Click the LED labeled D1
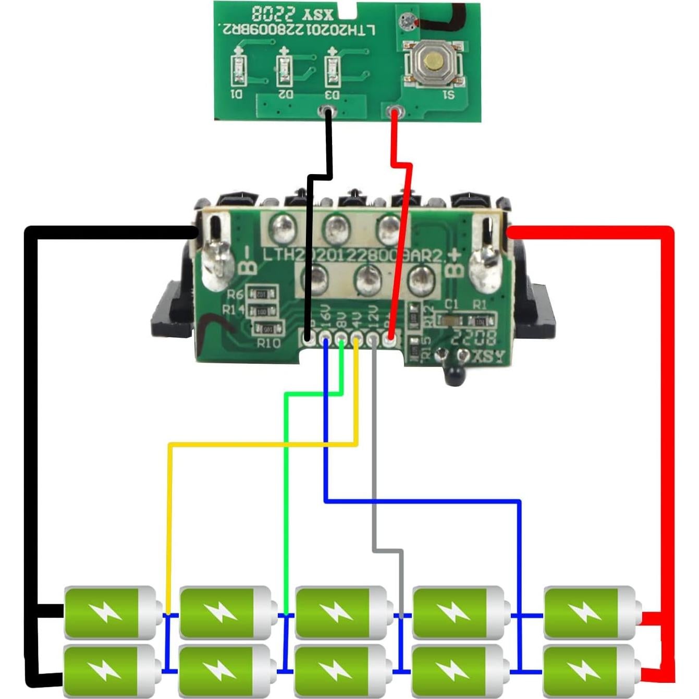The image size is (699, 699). (x=238, y=70)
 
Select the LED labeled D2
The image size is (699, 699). (x=284, y=69)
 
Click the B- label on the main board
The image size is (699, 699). (x=248, y=261)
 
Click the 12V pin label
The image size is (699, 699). (x=373, y=316)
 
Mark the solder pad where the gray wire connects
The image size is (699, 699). (x=373, y=340)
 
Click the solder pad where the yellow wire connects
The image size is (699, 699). (x=357, y=340)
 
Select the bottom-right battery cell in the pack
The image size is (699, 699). (x=590, y=670)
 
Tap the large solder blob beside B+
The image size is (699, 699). (x=482, y=267)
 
